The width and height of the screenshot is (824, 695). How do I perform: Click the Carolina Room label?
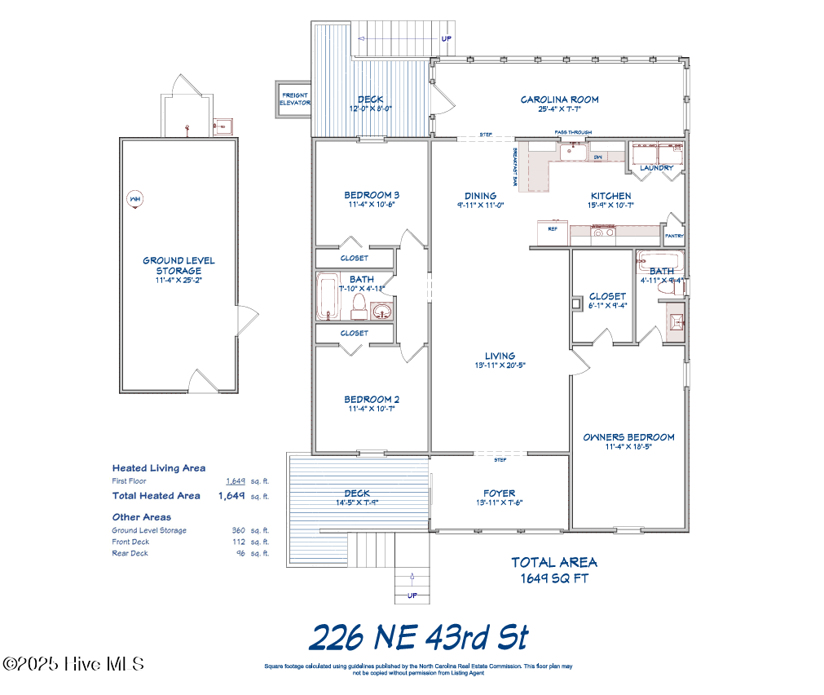point(559,100)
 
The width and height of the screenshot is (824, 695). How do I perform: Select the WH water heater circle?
point(134,199)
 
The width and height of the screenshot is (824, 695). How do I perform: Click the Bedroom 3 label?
point(371,195)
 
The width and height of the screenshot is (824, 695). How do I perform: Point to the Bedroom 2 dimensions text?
point(371,409)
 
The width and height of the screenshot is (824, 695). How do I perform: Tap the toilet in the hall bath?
point(358,306)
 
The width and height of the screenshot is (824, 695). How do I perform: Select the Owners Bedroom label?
point(628,437)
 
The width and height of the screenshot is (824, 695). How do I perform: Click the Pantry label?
point(674,237)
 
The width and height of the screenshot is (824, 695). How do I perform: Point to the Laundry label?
point(656,168)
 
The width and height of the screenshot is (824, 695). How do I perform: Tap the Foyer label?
point(499,493)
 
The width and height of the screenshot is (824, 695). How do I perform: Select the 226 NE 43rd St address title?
point(420,637)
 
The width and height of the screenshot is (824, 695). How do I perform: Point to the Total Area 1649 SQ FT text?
point(554,570)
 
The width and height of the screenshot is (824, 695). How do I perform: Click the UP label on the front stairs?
point(412,595)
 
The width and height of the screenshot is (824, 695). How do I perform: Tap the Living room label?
point(499,356)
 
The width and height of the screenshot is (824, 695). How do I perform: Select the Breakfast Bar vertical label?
point(515,166)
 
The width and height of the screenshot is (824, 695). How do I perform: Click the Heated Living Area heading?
point(158,468)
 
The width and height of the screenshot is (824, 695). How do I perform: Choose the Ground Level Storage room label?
point(178,266)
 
